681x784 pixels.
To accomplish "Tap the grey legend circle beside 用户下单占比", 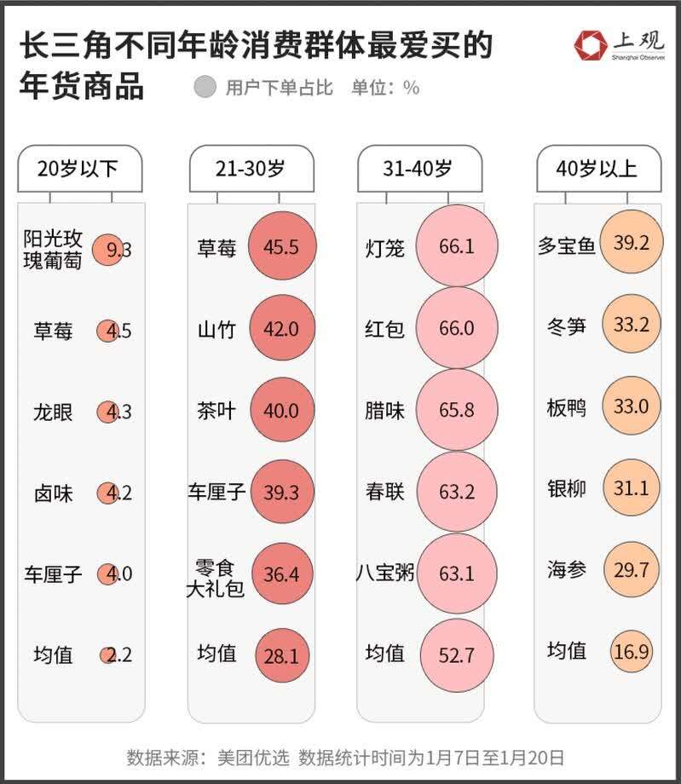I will point(205,87).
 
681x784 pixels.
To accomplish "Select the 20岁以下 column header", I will point(78,168).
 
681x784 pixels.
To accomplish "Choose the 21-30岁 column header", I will point(250,168).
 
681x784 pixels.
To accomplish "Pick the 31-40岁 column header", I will point(418,168).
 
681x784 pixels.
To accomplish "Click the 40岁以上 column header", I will point(597,168).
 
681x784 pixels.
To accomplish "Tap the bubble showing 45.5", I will point(282,247).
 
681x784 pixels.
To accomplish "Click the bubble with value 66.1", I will point(456,247).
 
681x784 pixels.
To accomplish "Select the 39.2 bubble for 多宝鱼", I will point(631,243).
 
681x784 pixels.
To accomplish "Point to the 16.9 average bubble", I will point(632,653).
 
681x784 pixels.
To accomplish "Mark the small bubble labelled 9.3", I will point(107,250).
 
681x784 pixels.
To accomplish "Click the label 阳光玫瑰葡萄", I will point(53,250).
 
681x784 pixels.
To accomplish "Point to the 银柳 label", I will point(567,488).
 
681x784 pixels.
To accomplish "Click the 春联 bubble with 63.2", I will point(456,492).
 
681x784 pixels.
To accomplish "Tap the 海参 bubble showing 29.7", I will point(632,570).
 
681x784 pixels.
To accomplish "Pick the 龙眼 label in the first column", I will point(53,412).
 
